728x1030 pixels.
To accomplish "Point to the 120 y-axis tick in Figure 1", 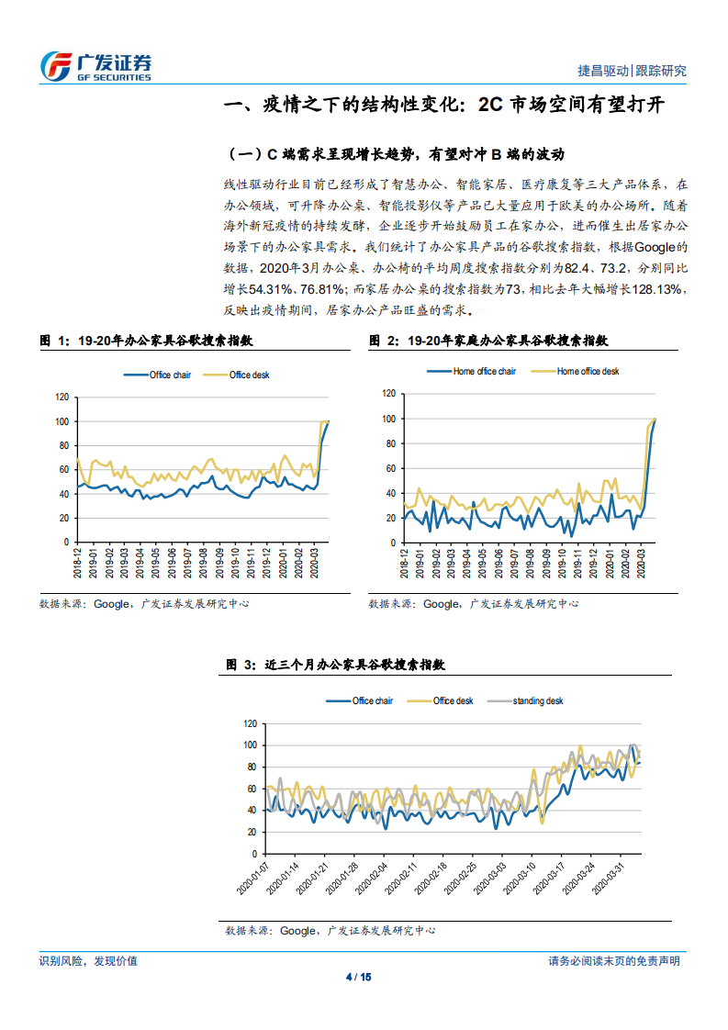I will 62,397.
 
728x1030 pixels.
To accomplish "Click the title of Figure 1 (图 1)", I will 146,340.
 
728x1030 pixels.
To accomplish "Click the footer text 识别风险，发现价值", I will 88,960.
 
